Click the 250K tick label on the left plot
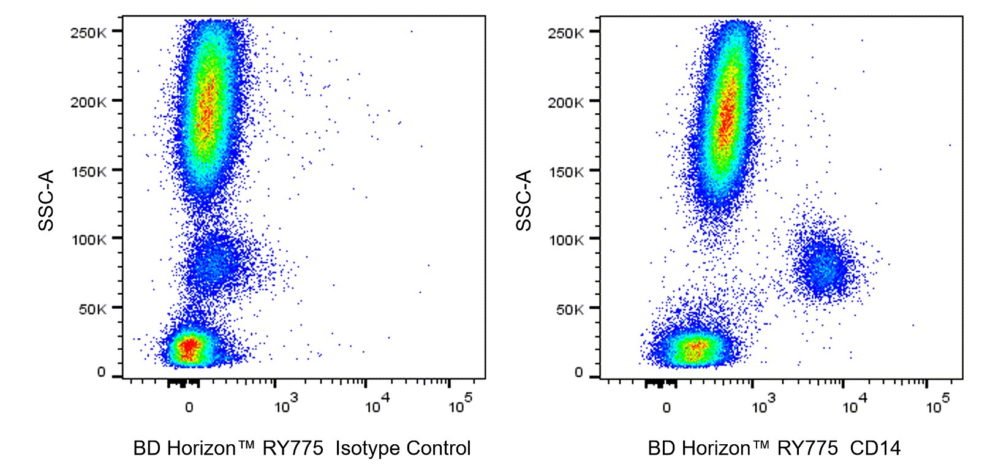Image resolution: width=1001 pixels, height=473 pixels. [88, 32]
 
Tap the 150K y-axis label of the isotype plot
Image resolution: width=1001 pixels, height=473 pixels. [88, 172]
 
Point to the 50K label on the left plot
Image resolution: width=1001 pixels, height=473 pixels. [92, 309]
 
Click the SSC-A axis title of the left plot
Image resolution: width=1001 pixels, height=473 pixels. [47, 200]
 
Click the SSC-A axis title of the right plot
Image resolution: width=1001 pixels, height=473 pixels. [524, 200]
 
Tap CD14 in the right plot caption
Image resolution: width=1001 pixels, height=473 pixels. [875, 448]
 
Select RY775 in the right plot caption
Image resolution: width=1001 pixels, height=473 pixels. [807, 448]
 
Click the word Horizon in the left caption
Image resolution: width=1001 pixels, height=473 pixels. [202, 448]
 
